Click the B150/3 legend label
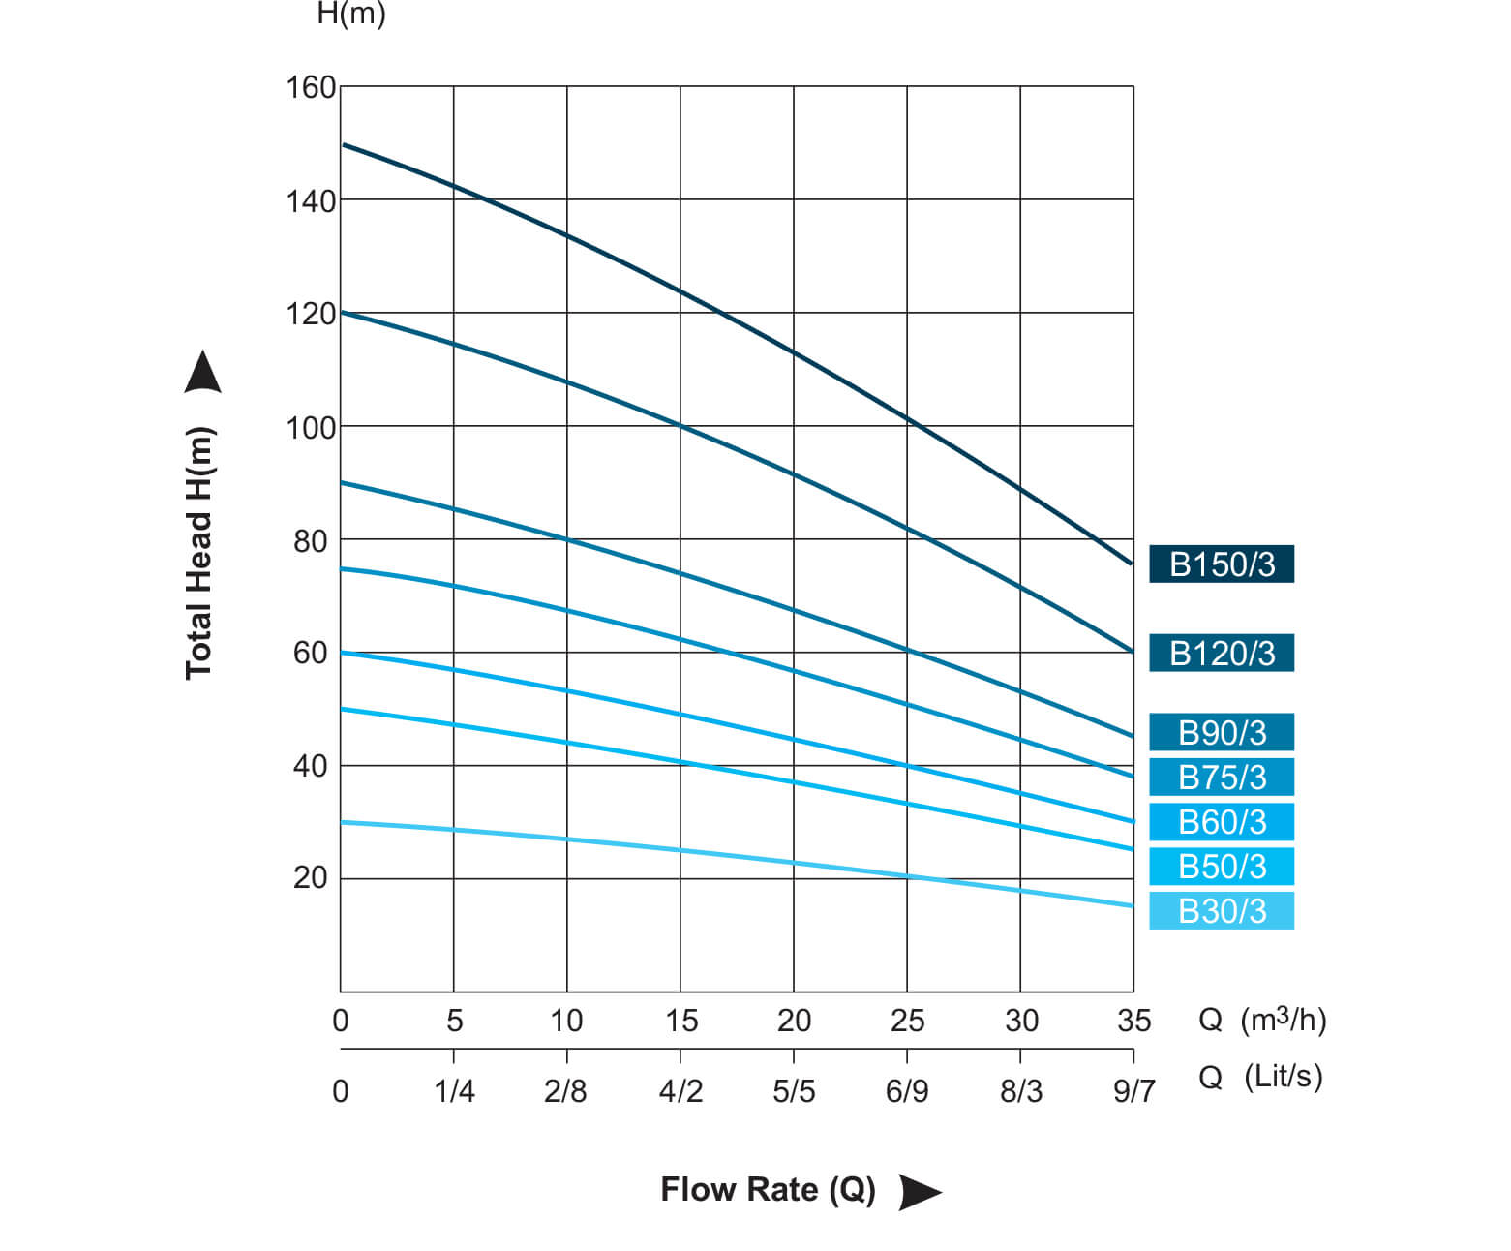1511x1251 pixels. click(x=1221, y=564)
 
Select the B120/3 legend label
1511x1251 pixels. click(x=1221, y=654)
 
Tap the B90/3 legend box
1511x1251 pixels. click(x=1221, y=733)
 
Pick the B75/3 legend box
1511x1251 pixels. click(x=1221, y=778)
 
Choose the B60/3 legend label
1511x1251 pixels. click(x=1221, y=822)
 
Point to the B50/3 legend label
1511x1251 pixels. click(x=1221, y=867)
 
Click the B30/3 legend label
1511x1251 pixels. click(x=1221, y=911)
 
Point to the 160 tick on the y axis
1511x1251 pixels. click(x=311, y=87)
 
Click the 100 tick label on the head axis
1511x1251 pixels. click(x=311, y=427)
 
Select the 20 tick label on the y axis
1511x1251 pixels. click(x=311, y=878)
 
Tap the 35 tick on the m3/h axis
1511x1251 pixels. click(x=1133, y=1021)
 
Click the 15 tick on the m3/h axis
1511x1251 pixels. click(x=680, y=1021)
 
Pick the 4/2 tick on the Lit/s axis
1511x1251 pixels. click(x=680, y=1091)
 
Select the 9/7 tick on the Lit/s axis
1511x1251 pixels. click(x=1133, y=1091)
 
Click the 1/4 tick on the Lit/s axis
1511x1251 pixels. click(x=454, y=1091)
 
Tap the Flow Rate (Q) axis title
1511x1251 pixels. click(x=768, y=1189)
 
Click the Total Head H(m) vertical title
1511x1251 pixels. click(x=198, y=553)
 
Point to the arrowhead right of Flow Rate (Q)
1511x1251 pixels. click(x=919, y=1191)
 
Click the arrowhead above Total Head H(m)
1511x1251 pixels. click(x=202, y=374)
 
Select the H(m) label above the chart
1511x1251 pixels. click(x=351, y=15)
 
